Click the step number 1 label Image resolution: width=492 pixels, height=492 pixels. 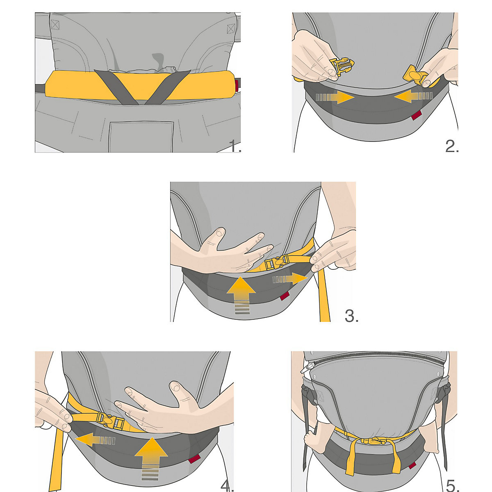tap(235, 146)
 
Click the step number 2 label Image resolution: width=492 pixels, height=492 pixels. tap(452, 146)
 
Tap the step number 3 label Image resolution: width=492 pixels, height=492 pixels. tap(351, 316)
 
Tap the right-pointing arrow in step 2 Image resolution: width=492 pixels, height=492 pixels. tap(335, 97)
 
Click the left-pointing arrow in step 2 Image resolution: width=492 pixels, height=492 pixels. tap(413, 96)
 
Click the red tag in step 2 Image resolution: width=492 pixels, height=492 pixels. tap(417, 115)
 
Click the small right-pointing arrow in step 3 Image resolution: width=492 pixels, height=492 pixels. tap(290, 279)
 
